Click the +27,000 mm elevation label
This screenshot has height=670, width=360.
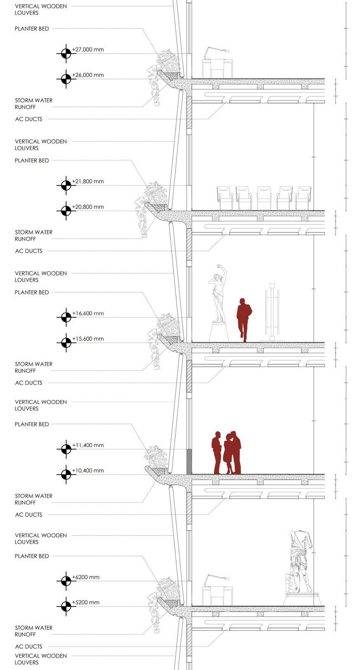click(88, 49)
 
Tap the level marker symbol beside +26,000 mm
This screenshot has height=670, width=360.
click(66, 79)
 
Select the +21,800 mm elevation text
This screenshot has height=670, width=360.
click(88, 181)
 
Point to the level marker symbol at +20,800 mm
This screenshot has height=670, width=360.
click(66, 211)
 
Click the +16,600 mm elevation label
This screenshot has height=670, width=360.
click(88, 313)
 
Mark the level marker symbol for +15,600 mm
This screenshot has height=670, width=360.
click(66, 343)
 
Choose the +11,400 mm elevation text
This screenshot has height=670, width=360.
click(88, 445)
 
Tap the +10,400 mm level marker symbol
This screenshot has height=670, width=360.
click(66, 474)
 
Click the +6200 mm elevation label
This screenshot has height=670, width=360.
click(86, 577)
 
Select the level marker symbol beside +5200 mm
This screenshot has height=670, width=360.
click(66, 606)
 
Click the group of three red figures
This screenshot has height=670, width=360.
click(226, 453)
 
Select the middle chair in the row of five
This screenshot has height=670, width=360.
click(264, 198)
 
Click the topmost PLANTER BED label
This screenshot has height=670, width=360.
click(32, 29)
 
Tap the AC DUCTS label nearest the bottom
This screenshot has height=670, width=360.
click(28, 646)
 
